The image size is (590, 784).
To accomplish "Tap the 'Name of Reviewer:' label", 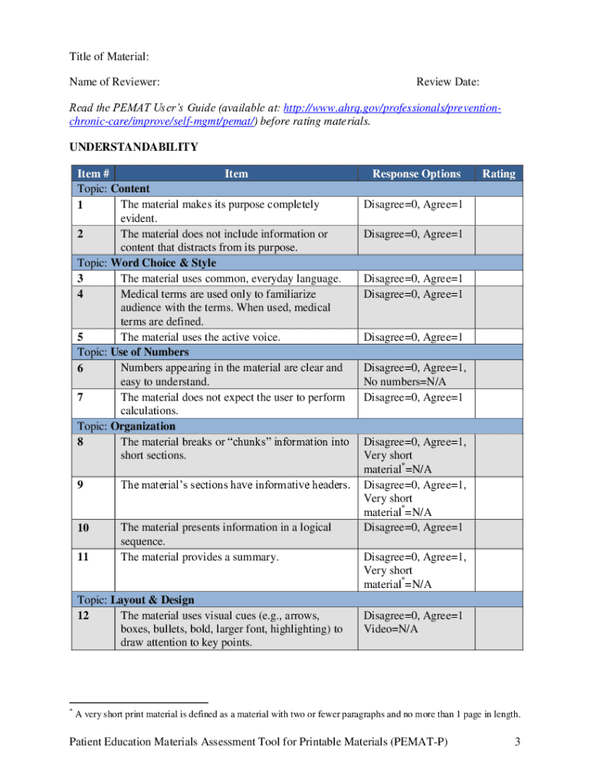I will tap(114, 82).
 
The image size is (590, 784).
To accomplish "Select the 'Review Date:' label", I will tap(447, 82).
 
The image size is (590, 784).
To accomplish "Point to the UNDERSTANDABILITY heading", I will tap(134, 147).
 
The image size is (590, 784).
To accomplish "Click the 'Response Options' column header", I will tap(416, 174).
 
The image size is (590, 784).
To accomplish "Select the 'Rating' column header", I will tap(498, 174).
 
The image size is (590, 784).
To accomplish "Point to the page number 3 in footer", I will tap(518, 742).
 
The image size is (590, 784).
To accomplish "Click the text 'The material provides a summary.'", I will tap(199, 557).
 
